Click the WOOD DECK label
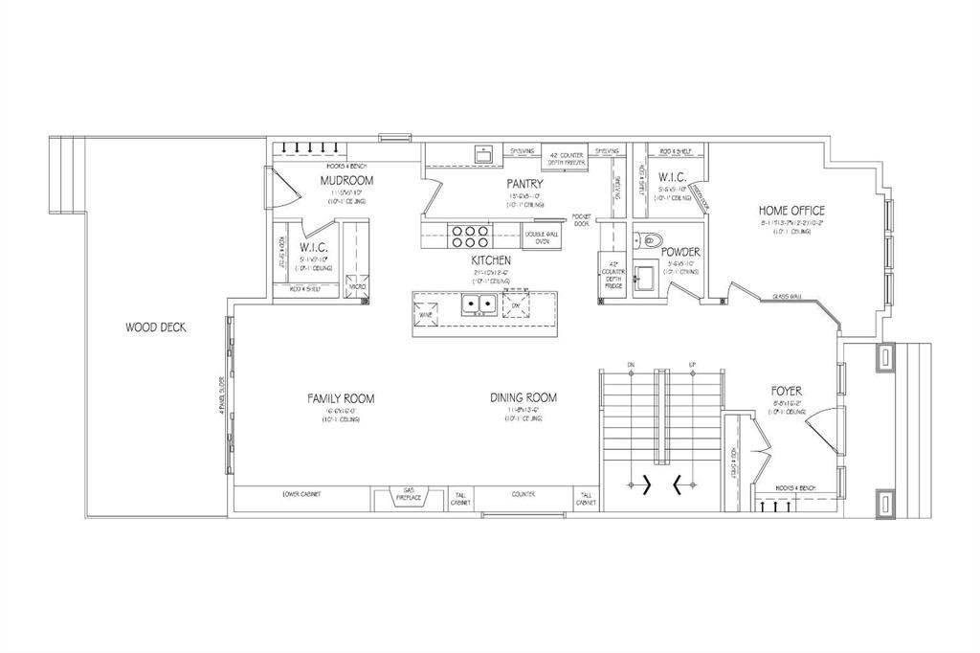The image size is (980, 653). pos(155,327)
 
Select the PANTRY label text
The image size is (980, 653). pos(526,184)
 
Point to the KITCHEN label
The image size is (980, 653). pos(490,259)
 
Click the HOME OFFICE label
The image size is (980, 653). pos(791,211)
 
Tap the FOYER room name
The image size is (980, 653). pos(787,391)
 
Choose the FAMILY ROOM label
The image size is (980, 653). pos(340,397)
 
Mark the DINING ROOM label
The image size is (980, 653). pos(523,397)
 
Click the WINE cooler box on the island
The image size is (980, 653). pos(426,310)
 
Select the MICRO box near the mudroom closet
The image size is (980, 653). pos(356,286)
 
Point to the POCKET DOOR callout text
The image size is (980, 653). pos(581,220)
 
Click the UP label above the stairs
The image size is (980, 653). pos(691,365)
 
